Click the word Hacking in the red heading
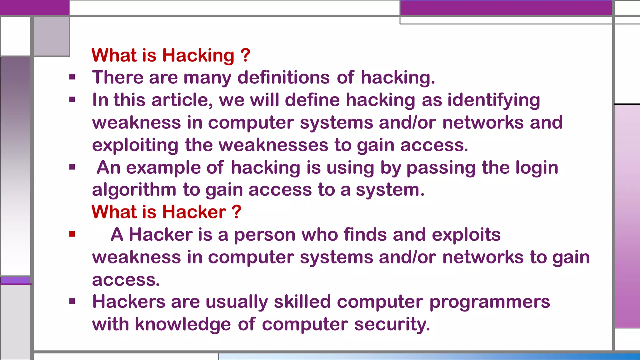click(198, 56)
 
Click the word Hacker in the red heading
click(194, 212)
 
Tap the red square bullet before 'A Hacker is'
click(72, 234)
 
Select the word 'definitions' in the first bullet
click(283, 77)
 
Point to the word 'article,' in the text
click(182, 100)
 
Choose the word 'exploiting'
click(135, 146)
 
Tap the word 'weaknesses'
click(273, 145)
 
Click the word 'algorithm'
click(134, 190)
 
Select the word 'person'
click(265, 235)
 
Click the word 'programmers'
click(490, 302)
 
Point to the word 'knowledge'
click(183, 324)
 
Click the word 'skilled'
click(302, 302)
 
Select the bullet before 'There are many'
click(72, 77)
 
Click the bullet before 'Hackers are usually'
click(72, 301)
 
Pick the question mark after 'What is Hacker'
click(237, 212)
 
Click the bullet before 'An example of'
click(72, 167)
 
